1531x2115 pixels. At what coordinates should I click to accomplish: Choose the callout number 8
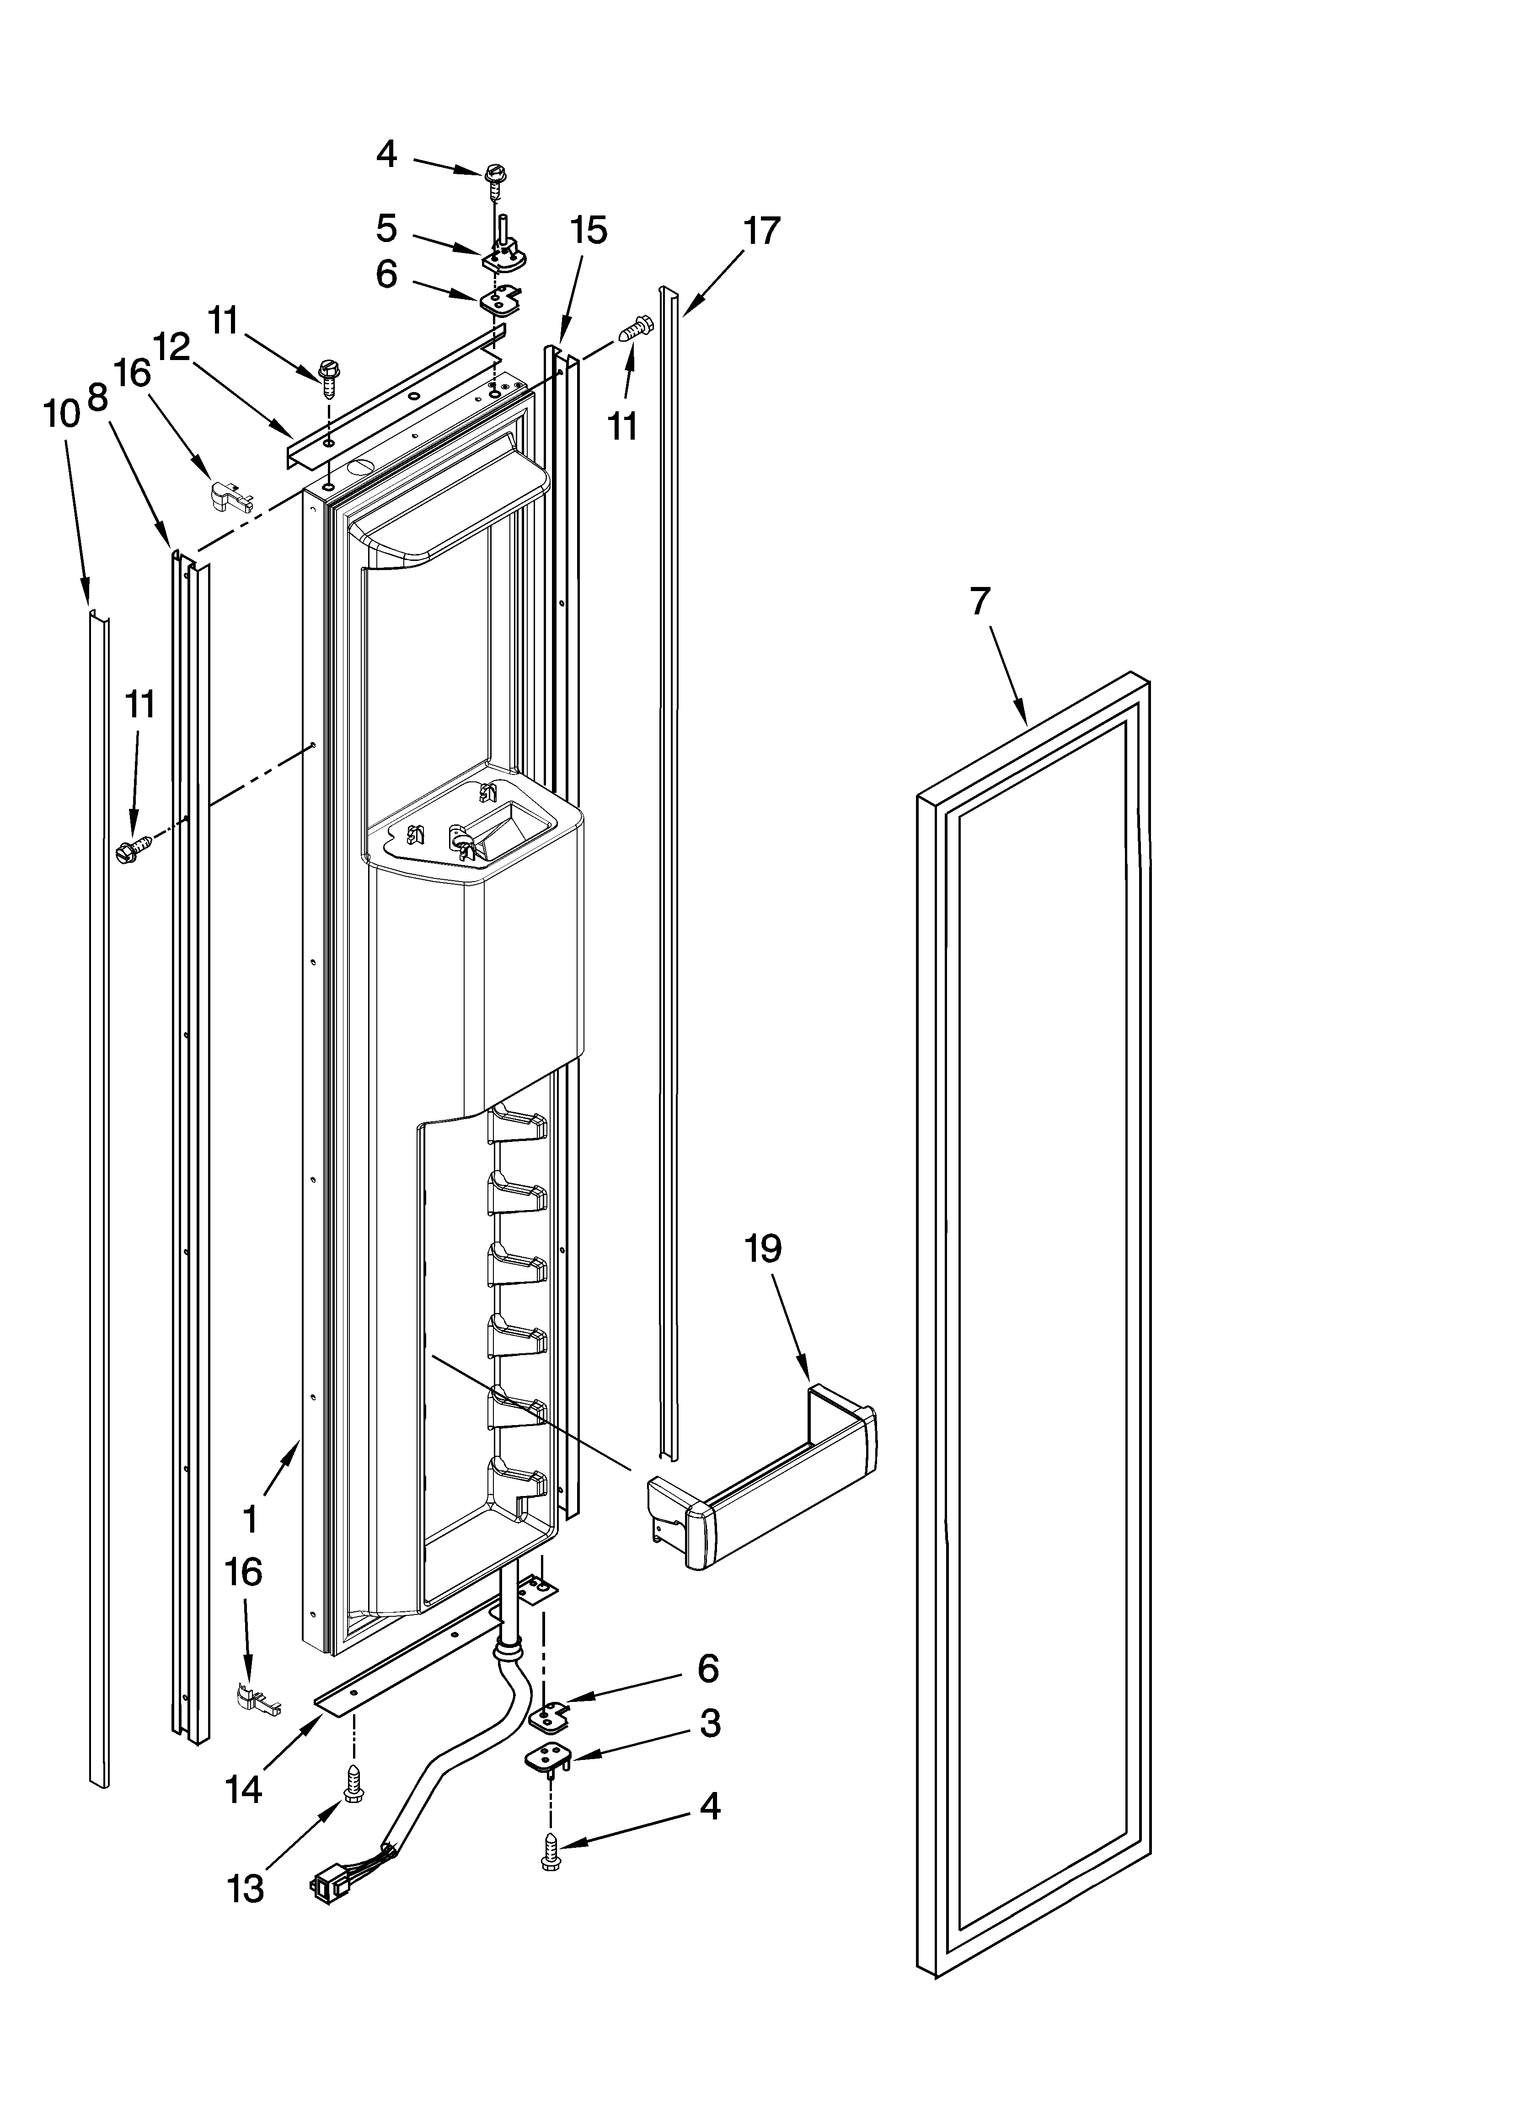coord(97,398)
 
